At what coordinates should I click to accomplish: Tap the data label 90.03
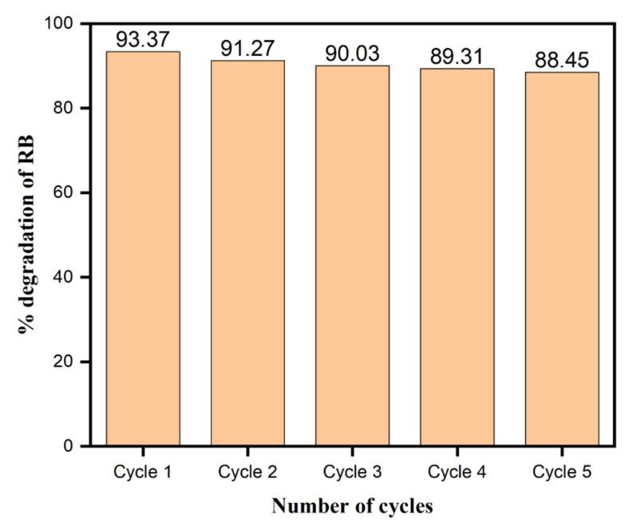pyautogui.click(x=352, y=53)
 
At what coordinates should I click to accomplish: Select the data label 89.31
pyautogui.click(x=457, y=57)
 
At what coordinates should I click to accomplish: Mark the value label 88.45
pyautogui.click(x=561, y=61)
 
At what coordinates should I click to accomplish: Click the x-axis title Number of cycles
pyautogui.click(x=352, y=506)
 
